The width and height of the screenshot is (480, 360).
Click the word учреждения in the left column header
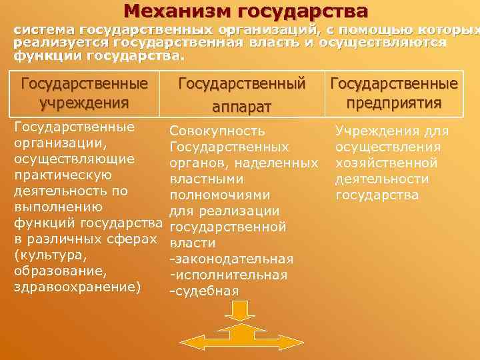[x=84, y=103]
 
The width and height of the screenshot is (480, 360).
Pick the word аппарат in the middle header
[x=241, y=106]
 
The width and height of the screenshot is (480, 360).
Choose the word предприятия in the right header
[x=394, y=103]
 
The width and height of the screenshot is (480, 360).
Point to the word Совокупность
[x=217, y=131]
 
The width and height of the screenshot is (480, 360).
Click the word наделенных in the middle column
[x=285, y=163]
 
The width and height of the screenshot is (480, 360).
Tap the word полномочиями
[x=220, y=195]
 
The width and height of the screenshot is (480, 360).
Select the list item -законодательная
[x=231, y=259]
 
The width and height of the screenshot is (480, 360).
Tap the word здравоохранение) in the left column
[x=77, y=287]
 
